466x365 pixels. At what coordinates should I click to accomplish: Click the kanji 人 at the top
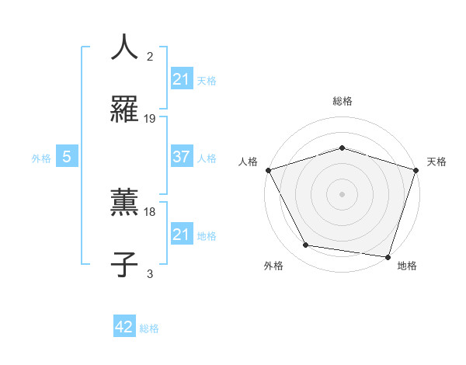point(124,48)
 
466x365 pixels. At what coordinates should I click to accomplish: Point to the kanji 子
point(124,263)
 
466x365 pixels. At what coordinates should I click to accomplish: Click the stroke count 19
point(150,119)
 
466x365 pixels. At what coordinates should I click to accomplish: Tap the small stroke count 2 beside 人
point(150,57)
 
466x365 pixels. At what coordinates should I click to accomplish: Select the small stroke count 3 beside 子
point(150,273)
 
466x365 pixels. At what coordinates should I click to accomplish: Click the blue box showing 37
point(181,157)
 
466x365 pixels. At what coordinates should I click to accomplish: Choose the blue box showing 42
point(124,327)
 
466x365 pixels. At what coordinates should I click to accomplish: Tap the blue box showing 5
point(67,157)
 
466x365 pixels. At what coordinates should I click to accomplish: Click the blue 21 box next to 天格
point(181,79)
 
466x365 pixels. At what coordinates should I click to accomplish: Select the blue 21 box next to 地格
point(181,235)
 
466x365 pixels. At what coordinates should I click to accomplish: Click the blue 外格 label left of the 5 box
point(41,158)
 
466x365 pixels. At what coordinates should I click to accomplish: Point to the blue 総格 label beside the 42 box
point(149,328)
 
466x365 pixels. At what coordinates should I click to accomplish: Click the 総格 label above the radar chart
point(342,102)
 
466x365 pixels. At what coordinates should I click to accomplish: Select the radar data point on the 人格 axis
point(268,170)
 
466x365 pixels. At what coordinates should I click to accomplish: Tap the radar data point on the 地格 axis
point(388,256)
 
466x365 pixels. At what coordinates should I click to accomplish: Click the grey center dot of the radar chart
point(342,194)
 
